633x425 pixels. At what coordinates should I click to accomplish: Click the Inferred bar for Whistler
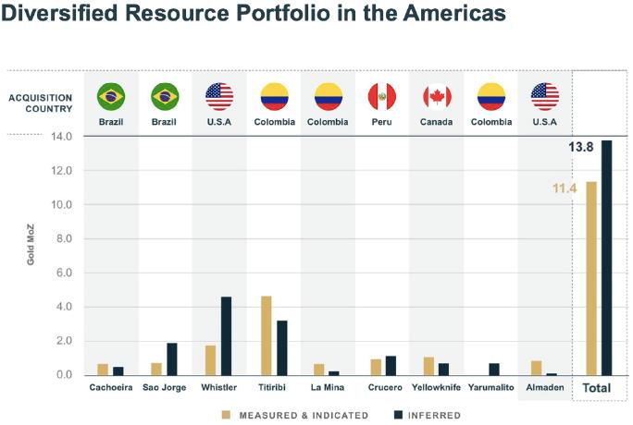tap(226, 335)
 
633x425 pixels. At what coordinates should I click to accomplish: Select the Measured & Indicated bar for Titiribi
tap(266, 335)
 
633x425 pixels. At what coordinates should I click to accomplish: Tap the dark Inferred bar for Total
tap(607, 258)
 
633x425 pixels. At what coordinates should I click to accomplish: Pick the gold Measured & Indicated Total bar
tap(591, 278)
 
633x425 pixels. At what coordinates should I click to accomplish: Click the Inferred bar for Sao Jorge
tap(172, 358)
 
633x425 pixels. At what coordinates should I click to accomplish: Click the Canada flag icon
tap(436, 95)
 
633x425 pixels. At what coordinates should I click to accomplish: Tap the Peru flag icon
tap(382, 95)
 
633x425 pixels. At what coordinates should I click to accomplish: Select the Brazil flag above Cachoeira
tap(111, 95)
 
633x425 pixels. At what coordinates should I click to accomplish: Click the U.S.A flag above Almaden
tap(545, 95)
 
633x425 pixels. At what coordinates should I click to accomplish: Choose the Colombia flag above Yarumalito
tap(490, 95)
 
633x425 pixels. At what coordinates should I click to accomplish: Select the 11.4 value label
tap(565, 188)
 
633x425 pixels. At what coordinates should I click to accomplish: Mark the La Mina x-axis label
tap(328, 388)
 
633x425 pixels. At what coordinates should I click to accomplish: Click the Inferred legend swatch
tap(400, 416)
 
